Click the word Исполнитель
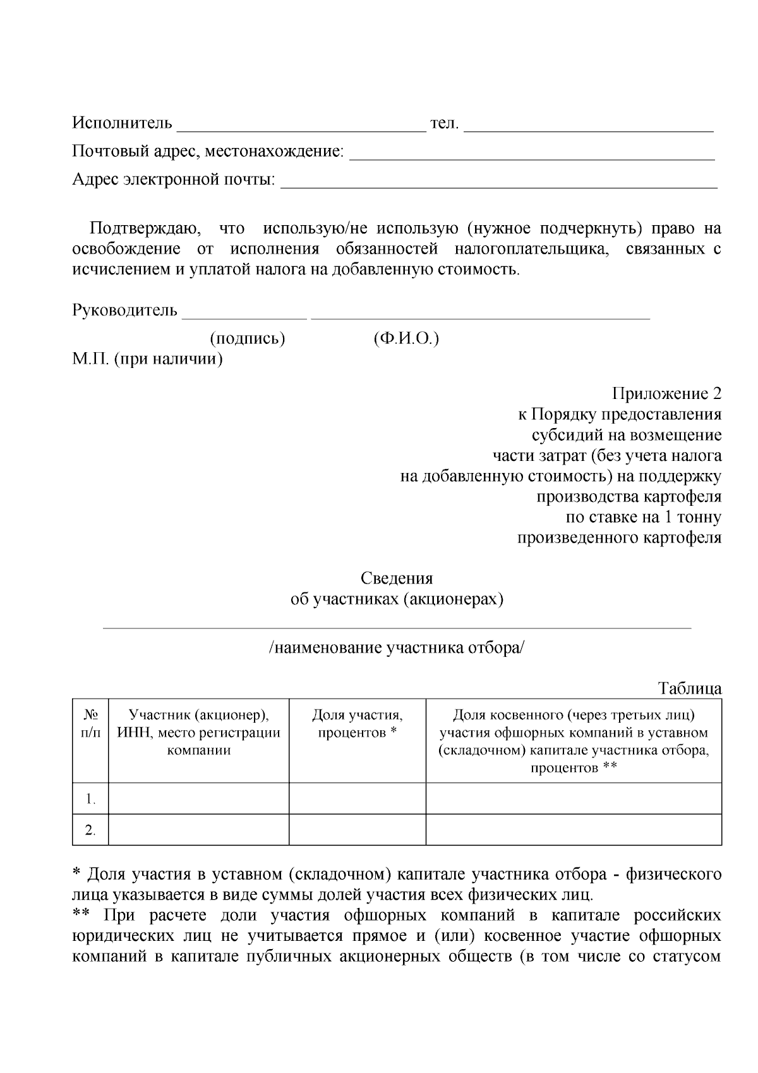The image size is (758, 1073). pyautogui.click(x=122, y=123)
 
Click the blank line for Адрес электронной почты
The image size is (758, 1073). pyautogui.click(x=498, y=185)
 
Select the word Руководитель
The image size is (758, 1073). pyautogui.click(x=124, y=310)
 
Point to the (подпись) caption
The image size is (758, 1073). pyautogui.click(x=247, y=339)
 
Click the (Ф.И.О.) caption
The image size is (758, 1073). pyautogui.click(x=406, y=339)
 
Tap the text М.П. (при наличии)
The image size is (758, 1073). pyautogui.click(x=147, y=360)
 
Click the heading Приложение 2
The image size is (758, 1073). pyautogui.click(x=666, y=394)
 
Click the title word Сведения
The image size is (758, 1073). pyautogui.click(x=397, y=578)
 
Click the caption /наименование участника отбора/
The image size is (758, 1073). pyautogui.click(x=397, y=648)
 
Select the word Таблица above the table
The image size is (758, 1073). pyautogui.click(x=689, y=688)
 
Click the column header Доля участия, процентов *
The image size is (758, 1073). pyautogui.click(x=358, y=723)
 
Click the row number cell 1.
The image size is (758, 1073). pyautogui.click(x=91, y=799)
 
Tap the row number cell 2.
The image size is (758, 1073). pyautogui.click(x=91, y=830)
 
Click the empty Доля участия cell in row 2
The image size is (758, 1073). pyautogui.click(x=358, y=830)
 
